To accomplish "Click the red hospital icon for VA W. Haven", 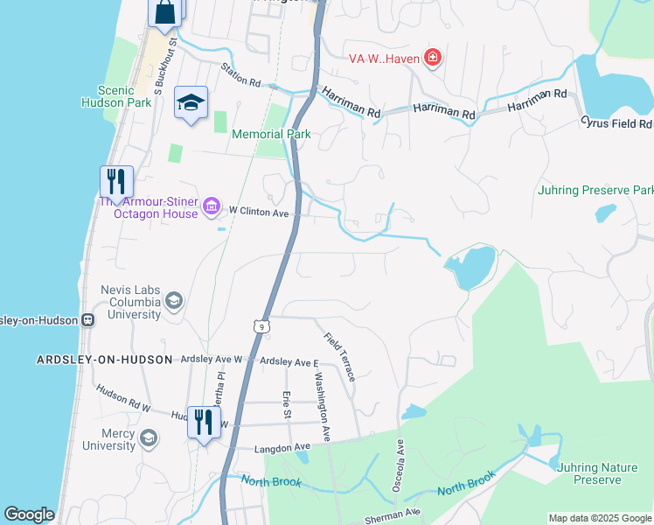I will pyautogui.click(x=432, y=59).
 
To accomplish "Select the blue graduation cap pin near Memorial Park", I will pyautogui.click(x=191, y=103).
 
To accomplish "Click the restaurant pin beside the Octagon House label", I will pyautogui.click(x=116, y=182).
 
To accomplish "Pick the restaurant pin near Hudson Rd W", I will pyautogui.click(x=204, y=423).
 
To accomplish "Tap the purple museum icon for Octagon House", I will pyautogui.click(x=211, y=206).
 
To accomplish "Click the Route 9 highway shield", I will pyautogui.click(x=261, y=326).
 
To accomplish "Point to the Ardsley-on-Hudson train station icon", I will pyautogui.click(x=88, y=319).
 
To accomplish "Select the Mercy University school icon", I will pyautogui.click(x=149, y=437).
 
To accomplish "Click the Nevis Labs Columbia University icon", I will pyautogui.click(x=174, y=302).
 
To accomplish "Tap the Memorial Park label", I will pyautogui.click(x=271, y=134).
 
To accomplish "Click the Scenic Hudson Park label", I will pyautogui.click(x=117, y=96).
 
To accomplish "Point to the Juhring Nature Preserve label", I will pyautogui.click(x=598, y=473).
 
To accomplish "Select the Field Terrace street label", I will pyautogui.click(x=339, y=356).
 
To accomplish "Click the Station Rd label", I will pyautogui.click(x=241, y=77).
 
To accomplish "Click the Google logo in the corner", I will pyautogui.click(x=30, y=514).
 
